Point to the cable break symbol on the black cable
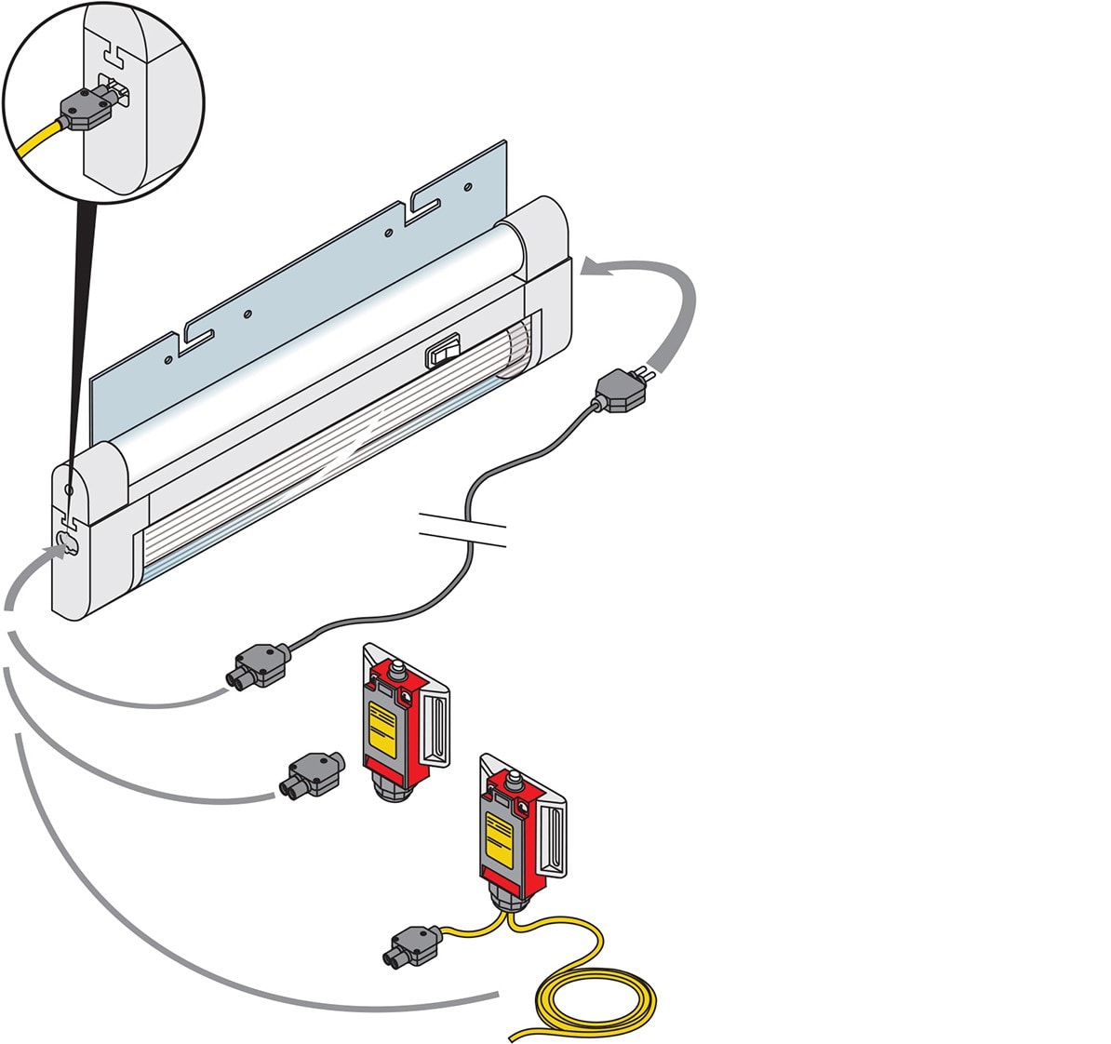pyautogui.click(x=462, y=527)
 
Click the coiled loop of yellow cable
pyautogui.click(x=596, y=1000)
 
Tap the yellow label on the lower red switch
pyautogui.click(x=499, y=843)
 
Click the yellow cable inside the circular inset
pyautogui.click(x=38, y=141)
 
